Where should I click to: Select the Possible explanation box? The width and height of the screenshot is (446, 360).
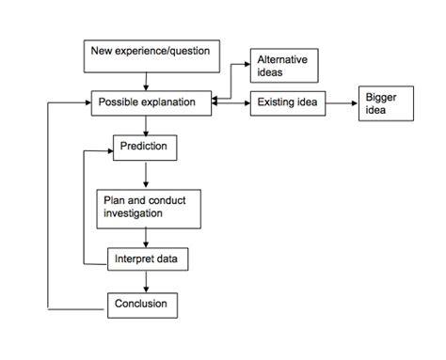[x=151, y=102]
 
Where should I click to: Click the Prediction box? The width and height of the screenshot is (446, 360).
[x=146, y=148]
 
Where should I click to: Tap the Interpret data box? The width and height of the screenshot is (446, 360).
[x=145, y=258]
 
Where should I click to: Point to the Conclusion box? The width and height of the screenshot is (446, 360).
[x=142, y=304]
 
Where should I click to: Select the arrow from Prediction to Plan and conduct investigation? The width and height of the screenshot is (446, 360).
[x=146, y=174]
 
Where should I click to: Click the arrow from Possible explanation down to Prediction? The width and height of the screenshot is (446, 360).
[x=146, y=126]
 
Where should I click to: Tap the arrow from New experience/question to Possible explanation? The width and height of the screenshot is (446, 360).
[x=146, y=80]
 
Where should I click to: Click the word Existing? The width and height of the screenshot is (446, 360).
[x=274, y=102]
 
